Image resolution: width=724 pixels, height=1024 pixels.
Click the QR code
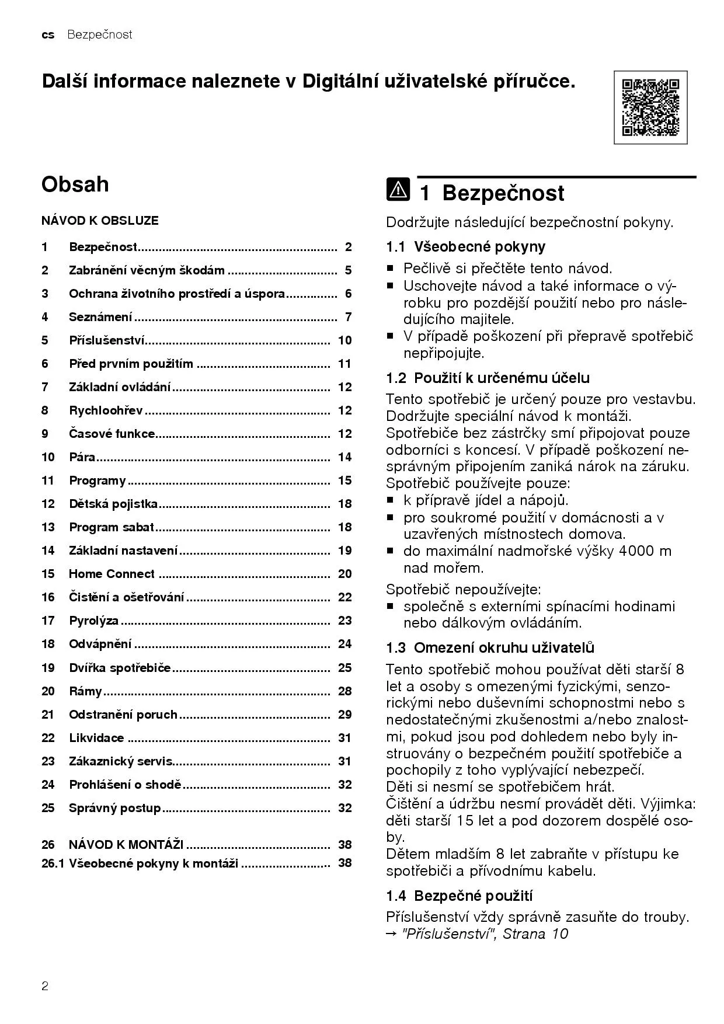[x=650, y=107]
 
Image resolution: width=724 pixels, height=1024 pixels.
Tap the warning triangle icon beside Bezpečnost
[x=398, y=191]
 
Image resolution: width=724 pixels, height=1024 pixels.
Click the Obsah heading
[x=75, y=184]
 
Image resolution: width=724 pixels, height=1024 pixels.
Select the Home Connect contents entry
[x=112, y=574]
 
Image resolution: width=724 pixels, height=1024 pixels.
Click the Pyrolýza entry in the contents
[x=93, y=621]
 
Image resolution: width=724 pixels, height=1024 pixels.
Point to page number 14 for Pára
[x=344, y=457]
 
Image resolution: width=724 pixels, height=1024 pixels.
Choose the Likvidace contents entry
[x=96, y=738]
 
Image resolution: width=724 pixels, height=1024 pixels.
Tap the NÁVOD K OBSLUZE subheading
[x=100, y=221]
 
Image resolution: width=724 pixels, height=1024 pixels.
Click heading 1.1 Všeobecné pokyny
[x=465, y=247]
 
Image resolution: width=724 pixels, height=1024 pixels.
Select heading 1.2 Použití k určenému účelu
[x=488, y=378]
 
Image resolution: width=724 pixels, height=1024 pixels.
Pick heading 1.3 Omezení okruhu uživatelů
[x=490, y=647]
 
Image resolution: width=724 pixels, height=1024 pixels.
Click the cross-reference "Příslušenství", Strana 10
[x=485, y=934]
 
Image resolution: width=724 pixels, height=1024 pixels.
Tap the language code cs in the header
[x=48, y=35]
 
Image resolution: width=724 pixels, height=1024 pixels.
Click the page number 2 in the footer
[x=45, y=987]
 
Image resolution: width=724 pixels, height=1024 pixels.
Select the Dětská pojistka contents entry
[x=113, y=504]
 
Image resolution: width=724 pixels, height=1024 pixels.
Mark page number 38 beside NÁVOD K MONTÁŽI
[x=344, y=844]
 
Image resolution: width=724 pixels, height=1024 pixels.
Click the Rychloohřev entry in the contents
[x=106, y=410]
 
